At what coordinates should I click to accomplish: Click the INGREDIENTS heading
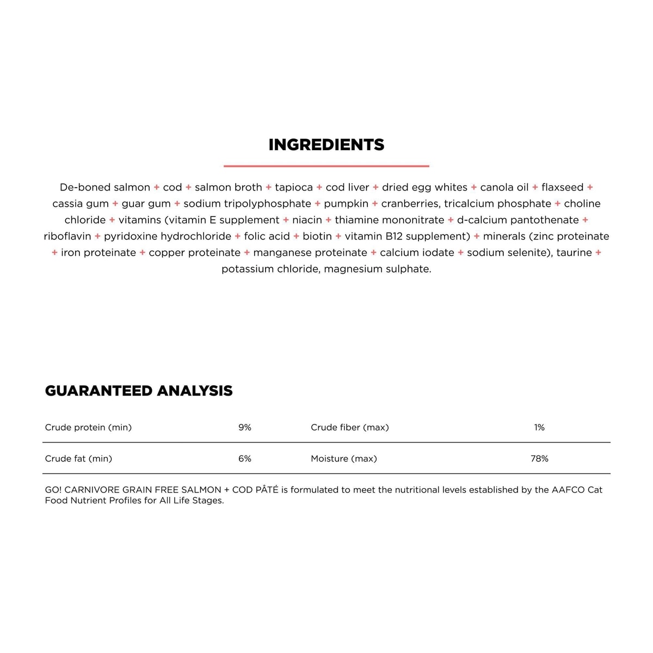pyautogui.click(x=326, y=145)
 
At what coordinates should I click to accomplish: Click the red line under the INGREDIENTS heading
pyautogui.click(x=326, y=166)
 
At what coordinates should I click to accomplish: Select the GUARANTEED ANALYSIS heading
pyautogui.click(x=139, y=391)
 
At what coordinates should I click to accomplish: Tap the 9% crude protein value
pyautogui.click(x=245, y=428)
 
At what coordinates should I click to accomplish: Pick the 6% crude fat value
pyautogui.click(x=245, y=459)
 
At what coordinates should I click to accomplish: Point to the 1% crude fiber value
pyautogui.click(x=539, y=428)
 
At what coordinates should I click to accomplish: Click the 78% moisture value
pyautogui.click(x=539, y=459)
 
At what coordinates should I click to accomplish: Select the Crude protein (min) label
pyautogui.click(x=88, y=428)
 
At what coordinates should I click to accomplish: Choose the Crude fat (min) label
pyautogui.click(x=78, y=459)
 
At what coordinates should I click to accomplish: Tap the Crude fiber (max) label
pyautogui.click(x=350, y=428)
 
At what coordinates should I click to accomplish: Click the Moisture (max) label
pyautogui.click(x=344, y=459)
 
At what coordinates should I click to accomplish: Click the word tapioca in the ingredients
pyautogui.click(x=294, y=187)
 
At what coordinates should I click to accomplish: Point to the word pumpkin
pyautogui.click(x=346, y=204)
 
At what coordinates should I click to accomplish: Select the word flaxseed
pyautogui.click(x=562, y=187)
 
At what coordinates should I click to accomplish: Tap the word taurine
pyautogui.click(x=574, y=252)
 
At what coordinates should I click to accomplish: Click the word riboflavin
pyautogui.click(x=67, y=236)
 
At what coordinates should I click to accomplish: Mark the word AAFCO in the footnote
pyautogui.click(x=568, y=490)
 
